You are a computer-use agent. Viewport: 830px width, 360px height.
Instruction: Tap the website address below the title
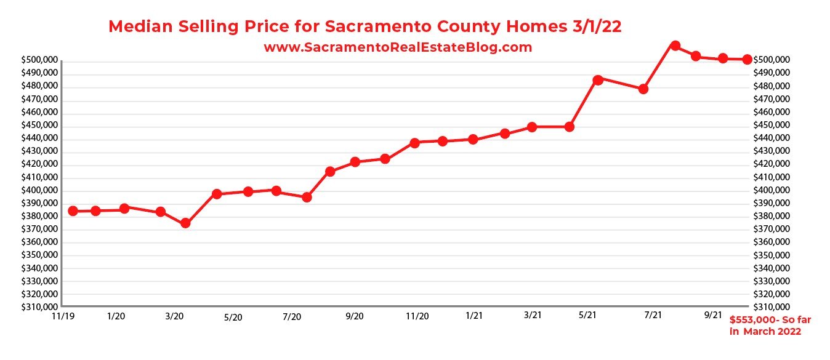[x=398, y=47]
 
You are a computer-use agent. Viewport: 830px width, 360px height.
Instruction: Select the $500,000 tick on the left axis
[x=39, y=60]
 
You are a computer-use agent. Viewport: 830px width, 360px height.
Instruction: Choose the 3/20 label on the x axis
[x=174, y=316]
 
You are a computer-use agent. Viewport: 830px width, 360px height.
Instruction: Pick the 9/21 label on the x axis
[x=712, y=314]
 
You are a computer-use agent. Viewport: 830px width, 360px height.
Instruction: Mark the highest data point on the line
[x=675, y=46]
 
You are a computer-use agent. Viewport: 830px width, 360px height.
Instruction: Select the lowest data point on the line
[x=185, y=223]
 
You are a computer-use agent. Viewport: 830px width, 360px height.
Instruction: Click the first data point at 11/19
[x=73, y=211]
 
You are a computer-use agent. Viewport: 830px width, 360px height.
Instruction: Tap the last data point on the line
[x=746, y=59]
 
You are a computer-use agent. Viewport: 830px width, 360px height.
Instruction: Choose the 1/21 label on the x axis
[x=474, y=316]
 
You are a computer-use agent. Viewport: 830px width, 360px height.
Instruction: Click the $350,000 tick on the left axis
[x=39, y=255]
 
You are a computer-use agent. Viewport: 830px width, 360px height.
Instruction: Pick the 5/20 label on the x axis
[x=233, y=317]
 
